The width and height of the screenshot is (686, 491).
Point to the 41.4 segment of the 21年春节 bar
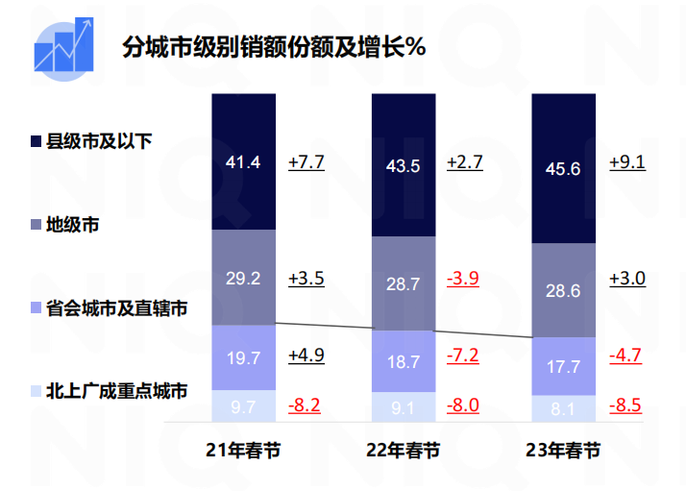click(243, 161)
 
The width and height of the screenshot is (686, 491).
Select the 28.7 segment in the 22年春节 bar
click(403, 284)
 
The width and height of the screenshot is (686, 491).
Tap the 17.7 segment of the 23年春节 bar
click(562, 365)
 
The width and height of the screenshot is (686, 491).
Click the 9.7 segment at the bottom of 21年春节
click(243, 406)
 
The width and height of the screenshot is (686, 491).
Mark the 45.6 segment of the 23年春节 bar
click(562, 169)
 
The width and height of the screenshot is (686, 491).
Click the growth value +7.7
click(306, 161)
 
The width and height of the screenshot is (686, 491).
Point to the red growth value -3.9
click(463, 279)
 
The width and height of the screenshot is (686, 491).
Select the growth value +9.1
click(627, 161)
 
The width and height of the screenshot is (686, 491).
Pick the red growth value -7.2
click(463, 355)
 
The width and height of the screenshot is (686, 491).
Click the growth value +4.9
click(306, 355)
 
